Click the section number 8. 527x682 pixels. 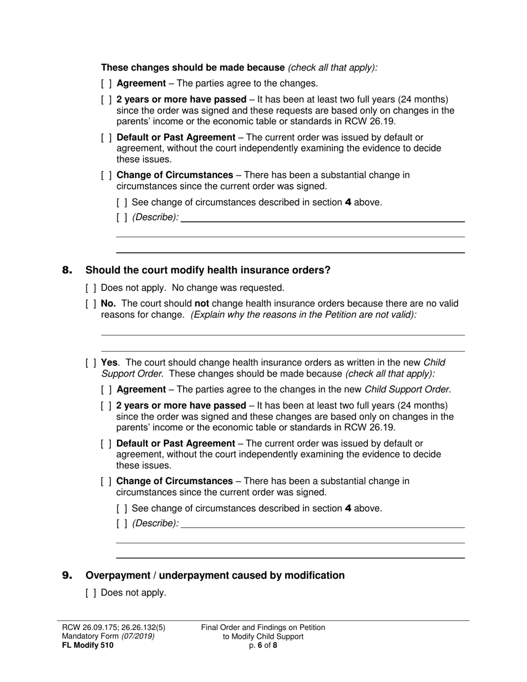[67, 271]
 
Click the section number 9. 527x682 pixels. [67, 576]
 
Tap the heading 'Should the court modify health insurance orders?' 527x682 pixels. [207, 270]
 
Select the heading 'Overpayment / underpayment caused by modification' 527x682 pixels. [215, 576]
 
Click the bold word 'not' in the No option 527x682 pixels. [202, 304]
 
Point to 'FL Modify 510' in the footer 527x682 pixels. [88, 645]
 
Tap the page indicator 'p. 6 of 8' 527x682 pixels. [263, 645]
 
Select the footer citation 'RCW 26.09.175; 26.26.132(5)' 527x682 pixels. [114, 627]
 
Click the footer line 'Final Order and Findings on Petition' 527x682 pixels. [263, 627]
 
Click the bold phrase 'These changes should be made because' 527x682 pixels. [192, 68]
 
